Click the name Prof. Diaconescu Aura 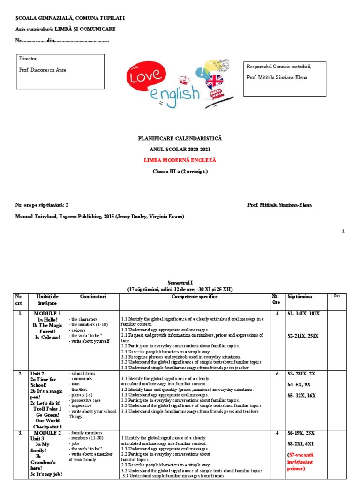pyautogui.click(x=43, y=70)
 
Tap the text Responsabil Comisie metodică pyautogui.click(x=279, y=67)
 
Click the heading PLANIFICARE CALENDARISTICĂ pyautogui.click(x=180, y=139)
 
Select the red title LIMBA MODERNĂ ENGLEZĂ pyautogui.click(x=180, y=160)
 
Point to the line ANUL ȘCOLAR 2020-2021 pyautogui.click(x=180, y=150)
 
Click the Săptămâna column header pyautogui.click(x=300, y=297)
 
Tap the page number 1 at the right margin pyautogui.click(x=343, y=231)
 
